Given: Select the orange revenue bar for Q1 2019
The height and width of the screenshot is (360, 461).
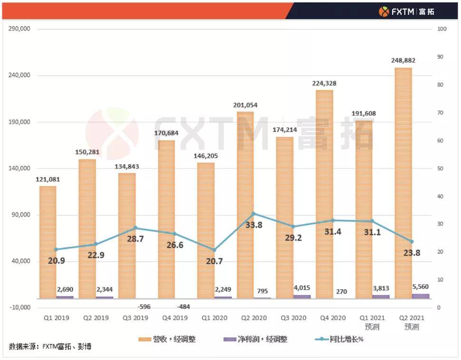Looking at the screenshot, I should tap(48, 242).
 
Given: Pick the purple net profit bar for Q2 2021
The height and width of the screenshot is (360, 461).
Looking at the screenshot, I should tap(420, 296).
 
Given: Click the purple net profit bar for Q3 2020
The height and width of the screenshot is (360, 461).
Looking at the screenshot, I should tap(302, 296).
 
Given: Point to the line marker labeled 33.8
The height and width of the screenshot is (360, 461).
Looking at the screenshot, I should tap(253, 214).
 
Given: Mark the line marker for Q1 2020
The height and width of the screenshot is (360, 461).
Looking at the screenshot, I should tap(214, 250).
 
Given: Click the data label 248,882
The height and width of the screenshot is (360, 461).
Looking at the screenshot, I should tap(403, 61).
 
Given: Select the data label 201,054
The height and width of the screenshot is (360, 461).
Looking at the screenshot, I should tap(245, 105).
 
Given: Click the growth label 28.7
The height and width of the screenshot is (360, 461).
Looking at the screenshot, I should tap(135, 239).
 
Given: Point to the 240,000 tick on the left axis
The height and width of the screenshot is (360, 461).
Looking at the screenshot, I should tap(20, 76).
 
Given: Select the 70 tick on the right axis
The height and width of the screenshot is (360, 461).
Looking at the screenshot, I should tap(441, 113).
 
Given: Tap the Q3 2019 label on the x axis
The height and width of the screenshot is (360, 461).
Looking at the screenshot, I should tap(135, 318).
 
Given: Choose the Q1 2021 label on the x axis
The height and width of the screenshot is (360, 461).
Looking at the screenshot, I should tap(372, 318).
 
